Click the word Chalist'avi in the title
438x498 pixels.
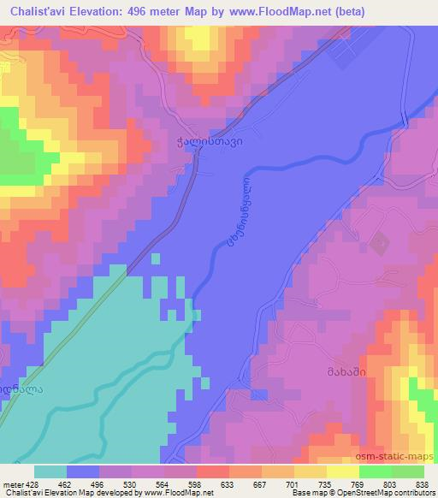click(x=43, y=11)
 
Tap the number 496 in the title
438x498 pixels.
click(x=161, y=11)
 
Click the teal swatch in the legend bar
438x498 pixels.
click(x=50, y=472)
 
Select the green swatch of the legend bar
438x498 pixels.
click(x=391, y=472)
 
